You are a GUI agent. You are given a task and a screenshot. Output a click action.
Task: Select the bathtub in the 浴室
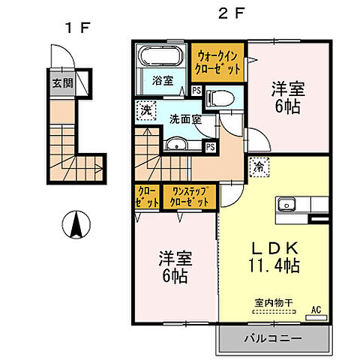point(160,57)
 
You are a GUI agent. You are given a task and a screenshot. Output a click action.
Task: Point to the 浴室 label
point(163,81)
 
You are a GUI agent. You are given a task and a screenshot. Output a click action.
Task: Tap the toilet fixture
point(217,96)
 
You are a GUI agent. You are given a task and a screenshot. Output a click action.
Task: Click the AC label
point(315,307)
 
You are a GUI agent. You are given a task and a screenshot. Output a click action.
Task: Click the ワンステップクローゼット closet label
point(190,197)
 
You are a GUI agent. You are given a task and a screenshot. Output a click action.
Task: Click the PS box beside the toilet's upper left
point(196,91)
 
